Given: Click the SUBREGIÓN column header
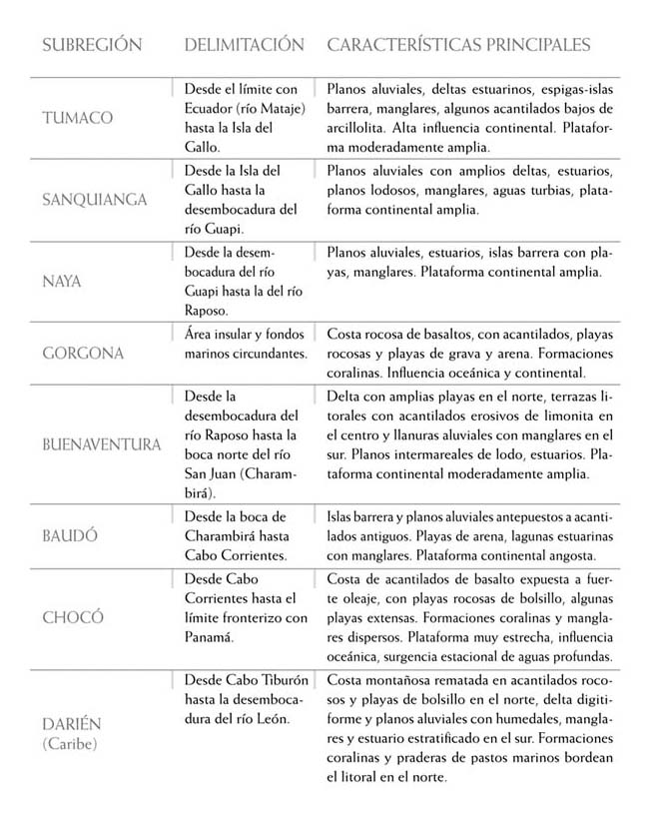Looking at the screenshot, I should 91,45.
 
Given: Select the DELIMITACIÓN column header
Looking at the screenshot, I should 244,45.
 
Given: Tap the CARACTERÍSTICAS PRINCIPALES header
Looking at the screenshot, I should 458,45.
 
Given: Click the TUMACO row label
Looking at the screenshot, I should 77,118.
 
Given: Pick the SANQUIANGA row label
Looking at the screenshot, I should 94,200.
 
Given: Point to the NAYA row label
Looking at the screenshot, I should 61,282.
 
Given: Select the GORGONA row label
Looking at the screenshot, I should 83,354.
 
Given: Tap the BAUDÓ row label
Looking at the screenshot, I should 70,536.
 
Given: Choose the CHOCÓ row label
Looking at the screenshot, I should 72,617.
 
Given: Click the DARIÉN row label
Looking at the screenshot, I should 72,723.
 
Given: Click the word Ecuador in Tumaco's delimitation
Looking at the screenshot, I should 212,109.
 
